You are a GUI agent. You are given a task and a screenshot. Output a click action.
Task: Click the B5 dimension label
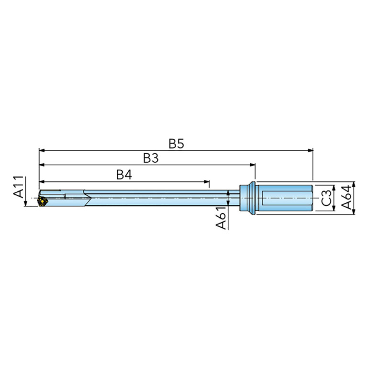point(176,144)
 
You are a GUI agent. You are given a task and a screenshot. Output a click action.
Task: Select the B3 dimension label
point(151,158)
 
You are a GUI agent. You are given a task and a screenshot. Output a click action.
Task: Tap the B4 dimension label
point(124,175)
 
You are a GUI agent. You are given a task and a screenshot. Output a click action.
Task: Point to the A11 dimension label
point(19,187)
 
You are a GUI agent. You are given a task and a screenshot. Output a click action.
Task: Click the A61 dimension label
point(221,218)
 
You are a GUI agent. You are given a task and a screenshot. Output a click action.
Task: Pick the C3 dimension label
point(326,198)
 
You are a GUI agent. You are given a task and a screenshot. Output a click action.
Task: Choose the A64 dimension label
point(346,197)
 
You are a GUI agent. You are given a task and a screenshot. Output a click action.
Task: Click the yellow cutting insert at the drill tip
point(43,201)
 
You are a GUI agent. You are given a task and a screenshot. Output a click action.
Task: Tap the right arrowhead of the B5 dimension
point(311,150)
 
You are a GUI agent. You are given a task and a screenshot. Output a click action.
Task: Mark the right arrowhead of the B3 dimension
point(253,165)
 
